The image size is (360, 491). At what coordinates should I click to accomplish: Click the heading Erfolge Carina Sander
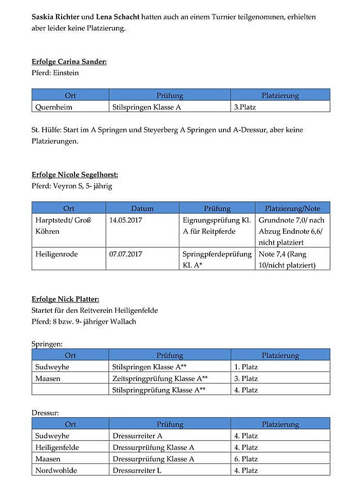(x=69, y=62)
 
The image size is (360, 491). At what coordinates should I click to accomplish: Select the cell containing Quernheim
(x=53, y=107)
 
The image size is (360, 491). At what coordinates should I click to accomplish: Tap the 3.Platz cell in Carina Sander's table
(x=245, y=107)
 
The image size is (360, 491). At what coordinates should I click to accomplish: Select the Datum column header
(x=142, y=209)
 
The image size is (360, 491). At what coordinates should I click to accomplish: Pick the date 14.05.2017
(x=126, y=220)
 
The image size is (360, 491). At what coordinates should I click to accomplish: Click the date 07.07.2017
(x=126, y=254)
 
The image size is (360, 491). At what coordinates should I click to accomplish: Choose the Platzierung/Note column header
(x=292, y=209)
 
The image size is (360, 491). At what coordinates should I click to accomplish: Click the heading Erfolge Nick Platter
(x=65, y=299)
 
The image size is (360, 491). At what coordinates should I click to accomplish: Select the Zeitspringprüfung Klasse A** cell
(x=160, y=379)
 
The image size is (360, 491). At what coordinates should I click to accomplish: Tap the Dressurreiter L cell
(x=137, y=470)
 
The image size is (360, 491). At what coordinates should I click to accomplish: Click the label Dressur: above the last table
(x=45, y=412)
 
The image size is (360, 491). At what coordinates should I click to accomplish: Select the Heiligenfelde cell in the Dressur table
(x=57, y=447)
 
